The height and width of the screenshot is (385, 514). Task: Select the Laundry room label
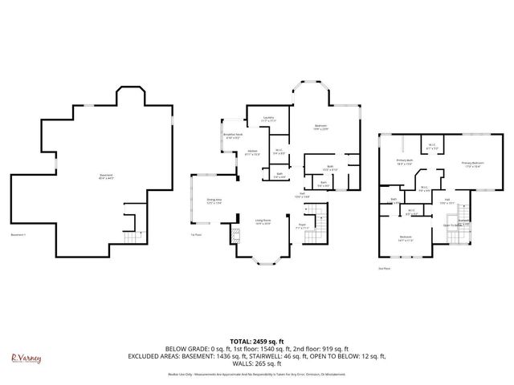268,119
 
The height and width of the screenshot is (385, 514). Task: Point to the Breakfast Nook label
234,136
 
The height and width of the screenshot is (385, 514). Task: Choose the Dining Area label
214,201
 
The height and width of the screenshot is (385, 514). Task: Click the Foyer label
302,227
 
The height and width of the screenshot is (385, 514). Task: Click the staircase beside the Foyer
320,218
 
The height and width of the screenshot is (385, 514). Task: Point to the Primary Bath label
404,162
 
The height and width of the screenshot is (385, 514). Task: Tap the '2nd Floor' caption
383,269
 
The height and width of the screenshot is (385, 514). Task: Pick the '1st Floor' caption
195,234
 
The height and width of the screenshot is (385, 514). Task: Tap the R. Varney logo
26,358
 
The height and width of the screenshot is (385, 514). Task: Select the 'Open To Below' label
455,225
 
